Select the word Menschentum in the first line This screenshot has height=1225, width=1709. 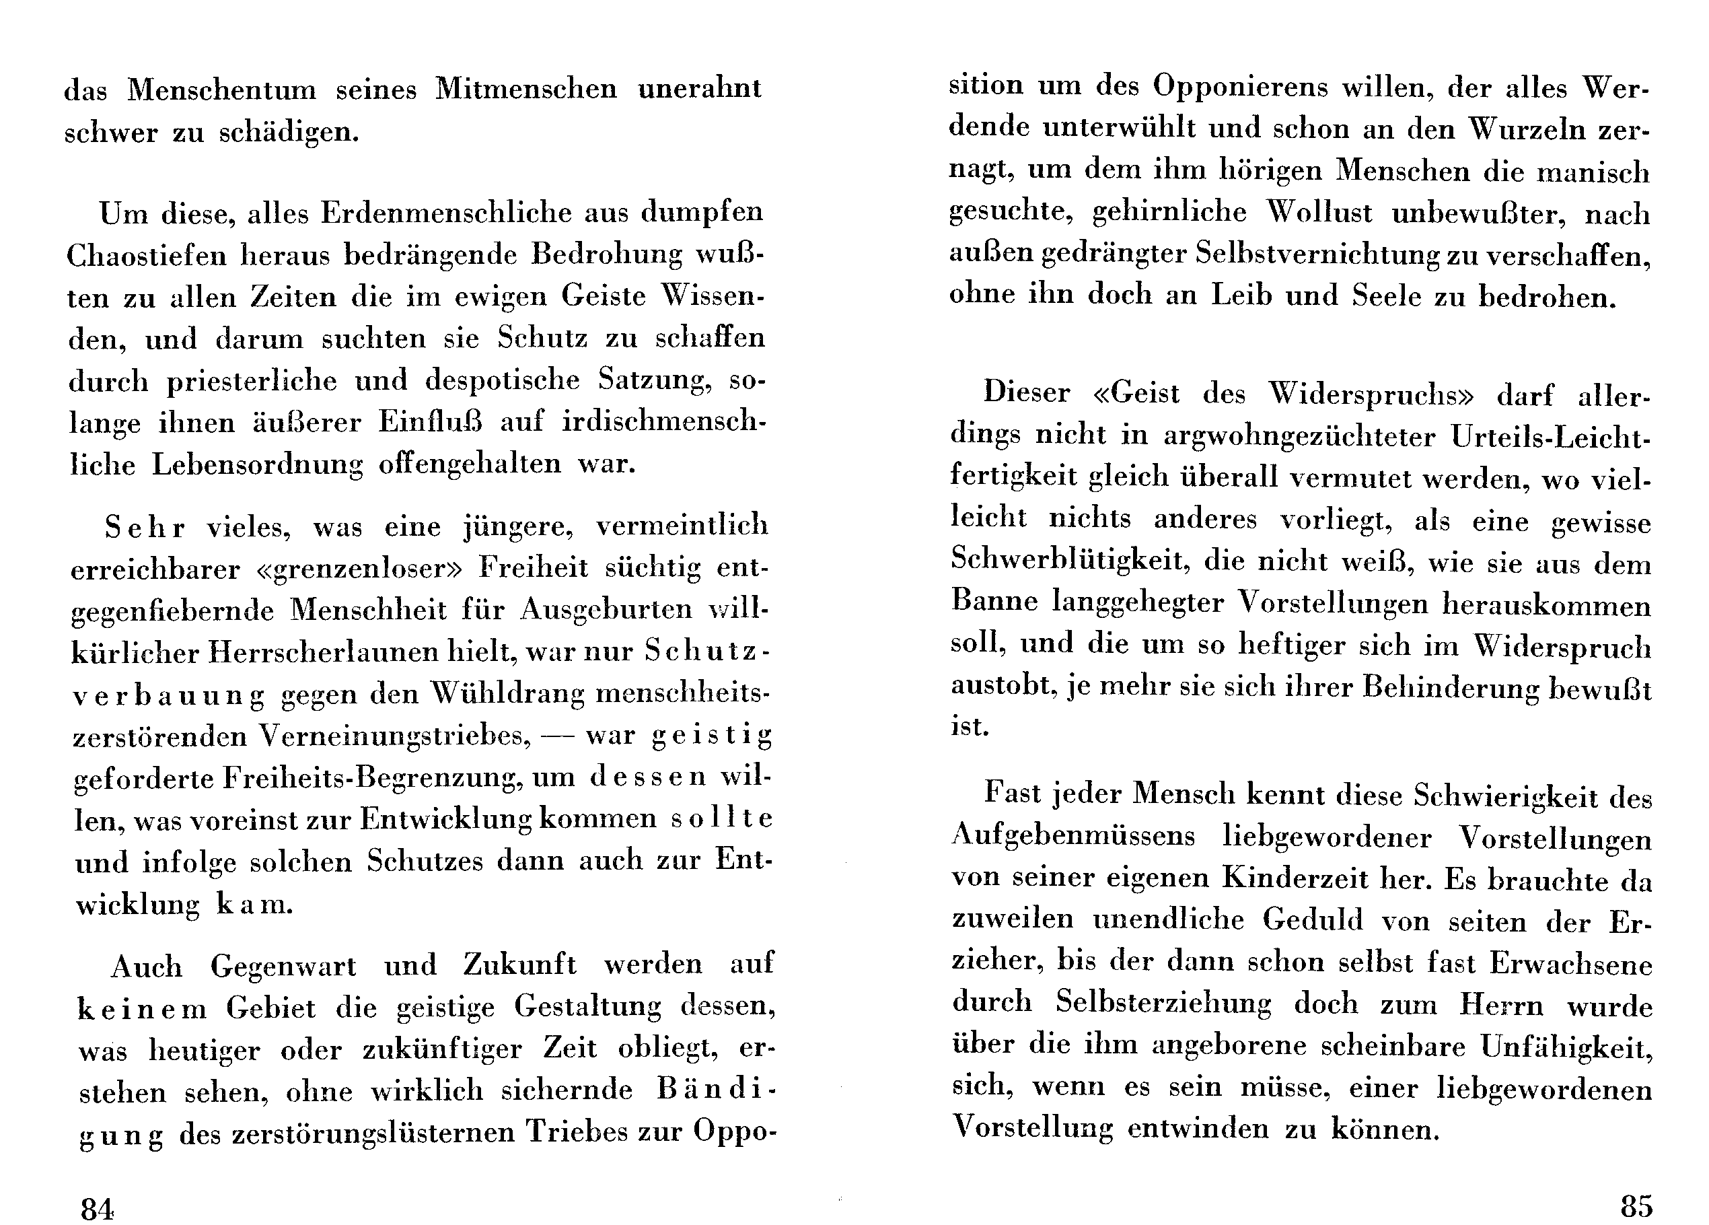[222, 90]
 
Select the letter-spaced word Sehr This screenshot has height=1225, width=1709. [144, 527]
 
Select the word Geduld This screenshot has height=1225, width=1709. [1313, 919]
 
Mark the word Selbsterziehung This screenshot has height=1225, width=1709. [1163, 1003]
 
